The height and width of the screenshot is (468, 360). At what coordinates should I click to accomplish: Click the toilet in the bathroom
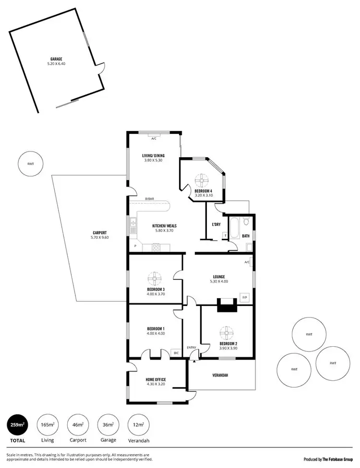[246, 222]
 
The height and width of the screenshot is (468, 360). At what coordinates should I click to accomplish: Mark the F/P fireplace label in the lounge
[244, 297]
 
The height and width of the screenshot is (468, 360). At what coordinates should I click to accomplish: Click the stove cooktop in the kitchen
[156, 247]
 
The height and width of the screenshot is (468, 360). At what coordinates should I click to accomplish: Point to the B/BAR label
[150, 199]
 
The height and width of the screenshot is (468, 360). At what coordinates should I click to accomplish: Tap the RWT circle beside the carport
[31, 164]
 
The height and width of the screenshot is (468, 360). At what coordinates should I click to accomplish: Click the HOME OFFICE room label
[155, 379]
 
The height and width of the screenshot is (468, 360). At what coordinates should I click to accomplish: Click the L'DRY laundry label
[216, 224]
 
